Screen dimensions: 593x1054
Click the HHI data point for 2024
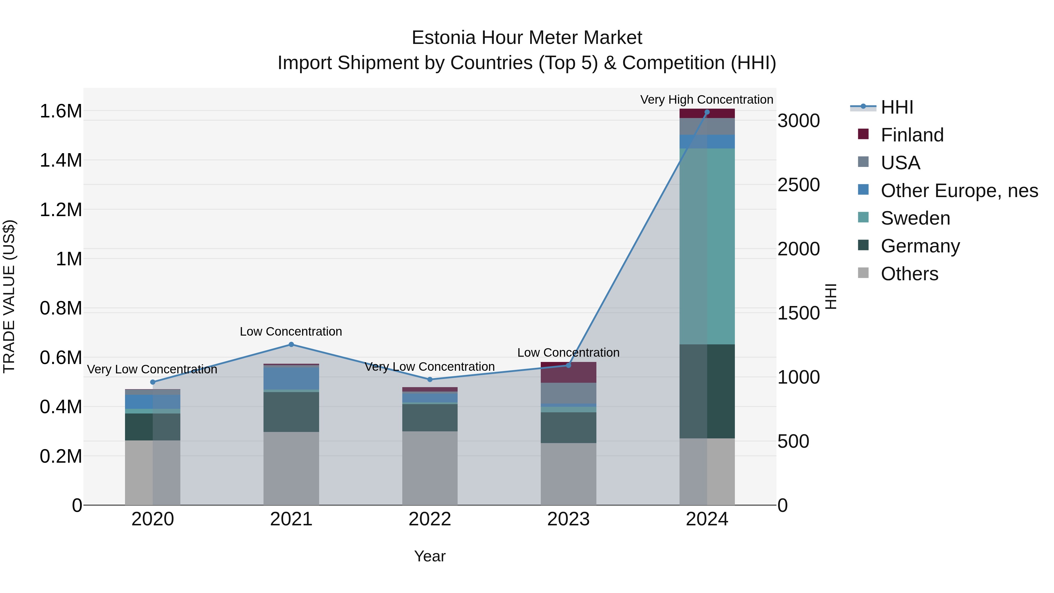click(707, 112)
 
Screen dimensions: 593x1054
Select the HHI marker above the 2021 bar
click(291, 345)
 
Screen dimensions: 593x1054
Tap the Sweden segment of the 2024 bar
click(707, 246)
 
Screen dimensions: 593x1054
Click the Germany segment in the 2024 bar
click(707, 391)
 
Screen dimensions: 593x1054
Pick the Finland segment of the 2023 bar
click(568, 372)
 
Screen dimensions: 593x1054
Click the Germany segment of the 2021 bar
click(291, 412)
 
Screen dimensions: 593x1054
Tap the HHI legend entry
click(896, 107)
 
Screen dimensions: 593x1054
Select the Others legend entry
click(909, 274)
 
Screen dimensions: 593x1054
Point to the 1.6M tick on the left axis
click(61, 111)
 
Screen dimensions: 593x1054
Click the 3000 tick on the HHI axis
click(798, 121)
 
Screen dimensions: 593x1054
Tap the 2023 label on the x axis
click(568, 519)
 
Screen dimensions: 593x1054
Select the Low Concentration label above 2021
click(291, 331)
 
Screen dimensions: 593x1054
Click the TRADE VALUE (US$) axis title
click(9, 296)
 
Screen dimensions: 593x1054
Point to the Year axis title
click(430, 556)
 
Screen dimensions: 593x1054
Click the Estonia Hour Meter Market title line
click(527, 38)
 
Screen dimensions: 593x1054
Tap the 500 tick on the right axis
click(793, 442)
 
